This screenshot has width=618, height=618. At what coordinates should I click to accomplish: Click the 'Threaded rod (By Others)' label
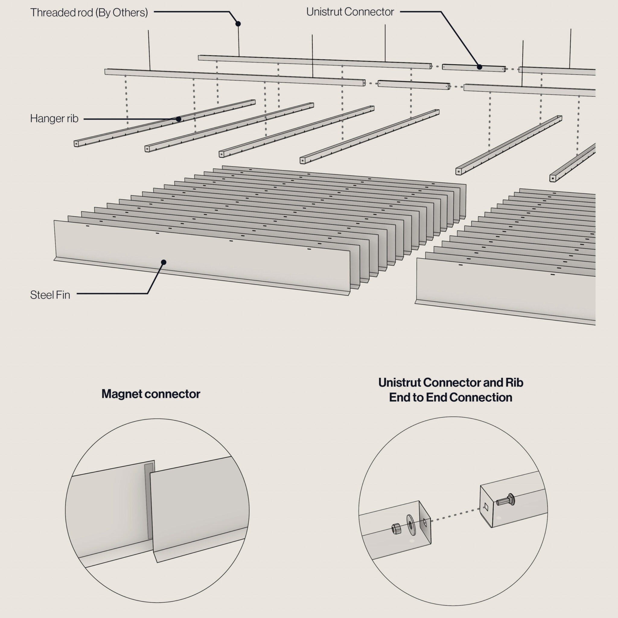[89, 12]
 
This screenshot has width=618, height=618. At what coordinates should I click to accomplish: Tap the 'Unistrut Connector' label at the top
[350, 12]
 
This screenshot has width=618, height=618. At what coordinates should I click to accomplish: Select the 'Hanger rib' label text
[54, 119]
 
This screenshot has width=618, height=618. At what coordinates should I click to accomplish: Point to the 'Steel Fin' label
[50, 295]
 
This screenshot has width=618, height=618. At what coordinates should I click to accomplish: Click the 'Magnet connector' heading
[151, 394]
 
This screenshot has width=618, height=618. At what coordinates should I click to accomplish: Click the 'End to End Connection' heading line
[451, 397]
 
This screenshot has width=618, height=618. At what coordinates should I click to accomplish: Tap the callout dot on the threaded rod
[238, 24]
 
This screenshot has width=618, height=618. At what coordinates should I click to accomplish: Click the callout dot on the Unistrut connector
[479, 67]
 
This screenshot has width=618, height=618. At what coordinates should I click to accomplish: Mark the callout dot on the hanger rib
[179, 119]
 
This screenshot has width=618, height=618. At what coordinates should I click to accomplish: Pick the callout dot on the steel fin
[164, 262]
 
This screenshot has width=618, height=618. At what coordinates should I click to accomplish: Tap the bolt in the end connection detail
[505, 500]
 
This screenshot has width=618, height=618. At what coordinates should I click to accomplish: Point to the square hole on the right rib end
[486, 506]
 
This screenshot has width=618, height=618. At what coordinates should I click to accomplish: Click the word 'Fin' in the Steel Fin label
[64, 295]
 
